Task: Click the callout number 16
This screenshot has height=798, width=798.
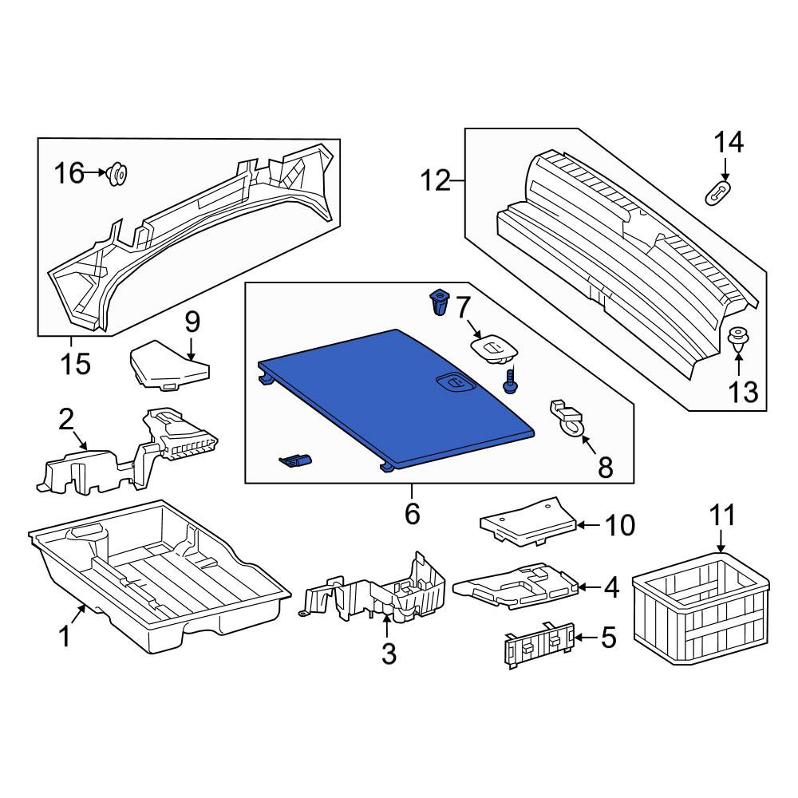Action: tap(69, 173)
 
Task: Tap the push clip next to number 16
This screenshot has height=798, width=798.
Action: tap(117, 174)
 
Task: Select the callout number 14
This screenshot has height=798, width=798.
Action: tap(729, 143)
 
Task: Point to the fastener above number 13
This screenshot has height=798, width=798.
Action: tap(737, 340)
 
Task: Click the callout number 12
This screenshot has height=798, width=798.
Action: tap(436, 180)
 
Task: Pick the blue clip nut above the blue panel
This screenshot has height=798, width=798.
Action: tap(439, 302)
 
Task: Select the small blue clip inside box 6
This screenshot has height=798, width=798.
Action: tap(295, 460)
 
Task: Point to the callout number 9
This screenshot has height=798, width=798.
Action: tap(192, 322)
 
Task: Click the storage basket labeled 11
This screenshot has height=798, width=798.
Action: tap(701, 608)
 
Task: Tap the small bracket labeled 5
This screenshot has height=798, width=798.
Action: tap(539, 645)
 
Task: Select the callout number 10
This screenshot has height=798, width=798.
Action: tap(620, 525)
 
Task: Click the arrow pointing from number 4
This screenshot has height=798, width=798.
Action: tap(590, 587)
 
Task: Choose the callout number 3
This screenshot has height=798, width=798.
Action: tap(389, 654)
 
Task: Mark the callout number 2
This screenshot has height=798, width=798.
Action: tap(66, 421)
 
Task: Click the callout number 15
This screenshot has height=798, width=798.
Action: tap(75, 364)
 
